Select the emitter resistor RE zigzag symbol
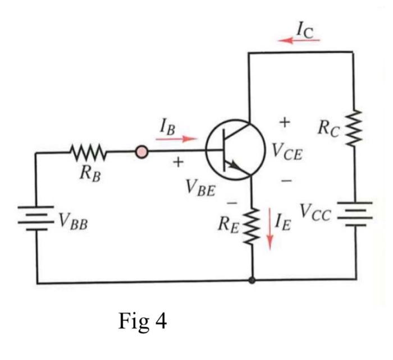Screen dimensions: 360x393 (x=252, y=224)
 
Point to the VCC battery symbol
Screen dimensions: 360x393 (x=355, y=214)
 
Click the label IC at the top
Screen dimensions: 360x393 (x=306, y=28)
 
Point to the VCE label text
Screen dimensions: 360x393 (x=286, y=151)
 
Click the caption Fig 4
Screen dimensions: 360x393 (x=143, y=321)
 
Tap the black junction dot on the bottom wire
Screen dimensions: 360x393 (x=252, y=279)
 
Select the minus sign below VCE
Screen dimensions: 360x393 (x=286, y=181)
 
